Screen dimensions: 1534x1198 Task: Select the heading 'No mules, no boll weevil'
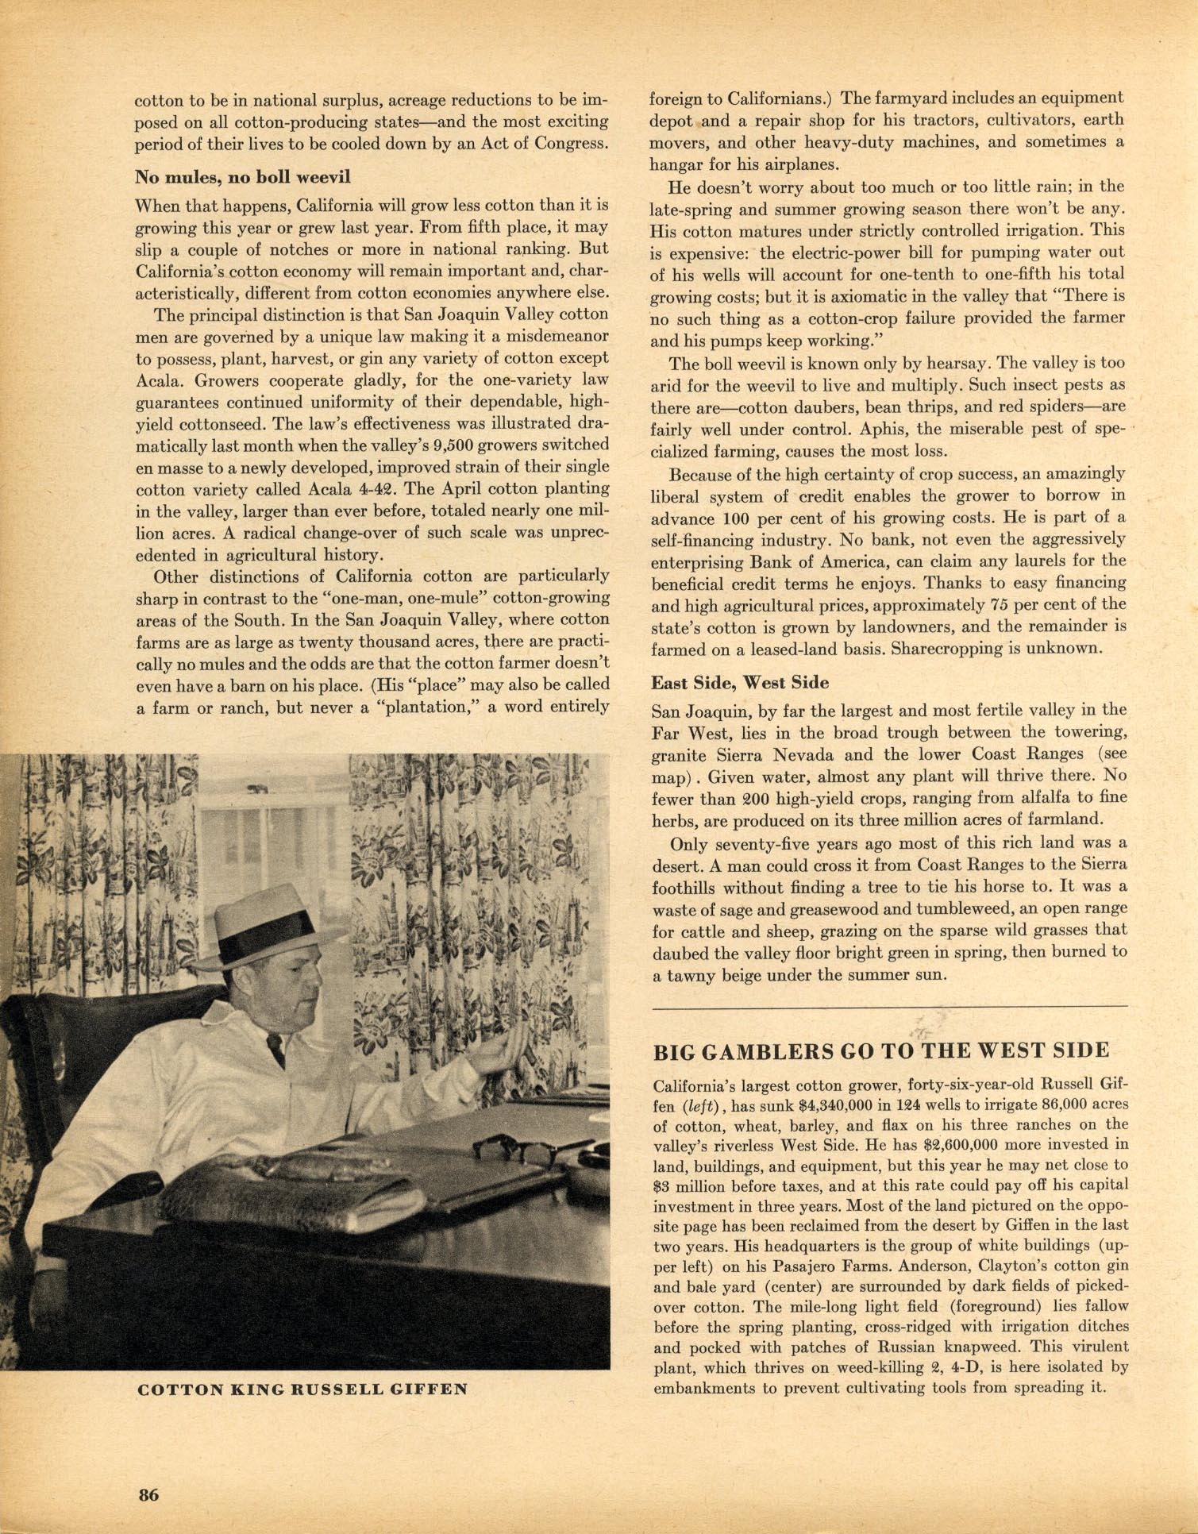coord(242,176)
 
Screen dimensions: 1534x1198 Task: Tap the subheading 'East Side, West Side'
coord(740,683)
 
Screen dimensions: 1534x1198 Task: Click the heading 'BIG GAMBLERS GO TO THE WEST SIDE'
coord(880,1051)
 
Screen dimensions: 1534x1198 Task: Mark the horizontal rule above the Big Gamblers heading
coord(889,1007)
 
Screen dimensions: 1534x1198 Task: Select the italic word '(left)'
coord(699,1104)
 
